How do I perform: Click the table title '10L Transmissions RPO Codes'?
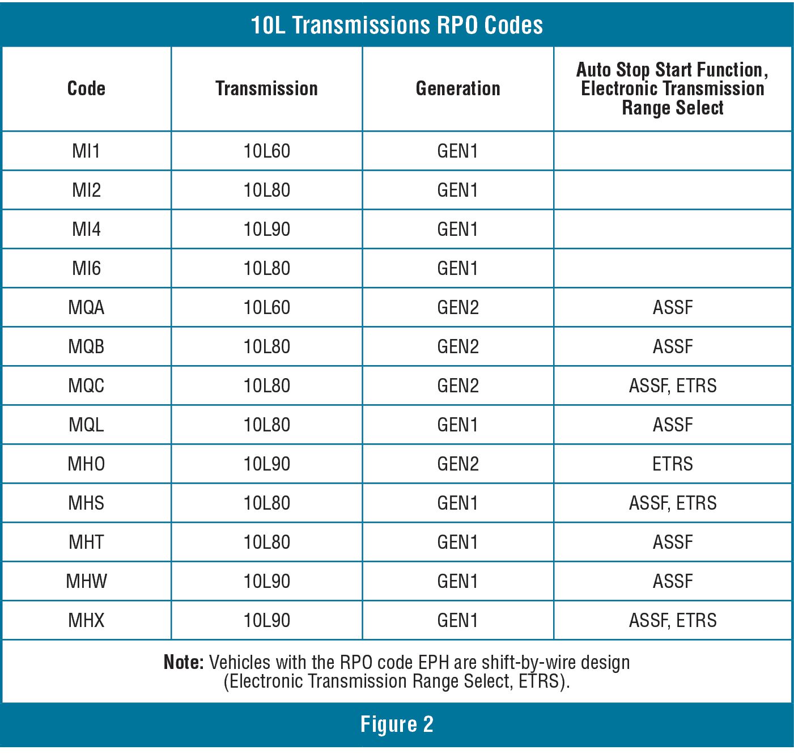397,25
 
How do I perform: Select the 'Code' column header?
86,88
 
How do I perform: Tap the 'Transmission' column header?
266,88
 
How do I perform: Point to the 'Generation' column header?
458,88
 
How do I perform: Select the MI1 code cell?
86,151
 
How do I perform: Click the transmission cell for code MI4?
266,230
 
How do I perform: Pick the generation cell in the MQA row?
458,308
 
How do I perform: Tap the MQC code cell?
86,386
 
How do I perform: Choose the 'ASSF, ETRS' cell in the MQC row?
672,386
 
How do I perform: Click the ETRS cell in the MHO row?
672,464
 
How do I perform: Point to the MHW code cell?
86,582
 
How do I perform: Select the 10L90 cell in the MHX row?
266,621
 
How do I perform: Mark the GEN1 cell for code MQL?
458,425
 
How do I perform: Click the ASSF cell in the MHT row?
672,543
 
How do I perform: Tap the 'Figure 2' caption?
397,725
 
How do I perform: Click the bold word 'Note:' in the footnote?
183,662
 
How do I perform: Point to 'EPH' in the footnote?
434,662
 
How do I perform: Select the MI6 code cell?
86,269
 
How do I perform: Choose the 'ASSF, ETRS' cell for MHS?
672,503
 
